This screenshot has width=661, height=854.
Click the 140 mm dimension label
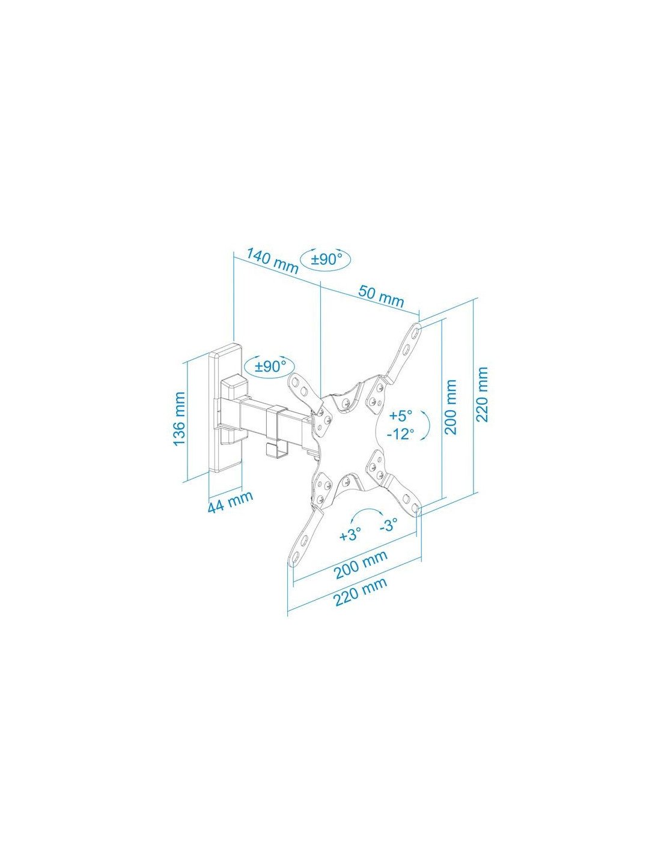pyautogui.click(x=272, y=262)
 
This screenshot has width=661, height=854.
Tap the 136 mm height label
pyautogui.click(x=179, y=419)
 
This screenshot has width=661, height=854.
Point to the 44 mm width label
pyautogui.click(x=230, y=501)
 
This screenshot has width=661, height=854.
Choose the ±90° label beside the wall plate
pyautogui.click(x=270, y=366)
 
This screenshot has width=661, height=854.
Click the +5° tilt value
pyautogui.click(x=401, y=415)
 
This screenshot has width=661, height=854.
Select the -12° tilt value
pyautogui.click(x=401, y=434)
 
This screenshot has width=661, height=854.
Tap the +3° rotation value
pyautogui.click(x=350, y=535)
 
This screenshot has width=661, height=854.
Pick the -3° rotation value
pyautogui.click(x=389, y=525)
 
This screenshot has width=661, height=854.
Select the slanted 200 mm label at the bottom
pyautogui.click(x=361, y=565)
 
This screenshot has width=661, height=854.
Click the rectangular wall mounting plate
pyautogui.click(x=225, y=408)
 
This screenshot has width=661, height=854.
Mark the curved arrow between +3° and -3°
pyautogui.click(x=368, y=514)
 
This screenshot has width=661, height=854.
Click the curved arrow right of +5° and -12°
pyautogui.click(x=425, y=423)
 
